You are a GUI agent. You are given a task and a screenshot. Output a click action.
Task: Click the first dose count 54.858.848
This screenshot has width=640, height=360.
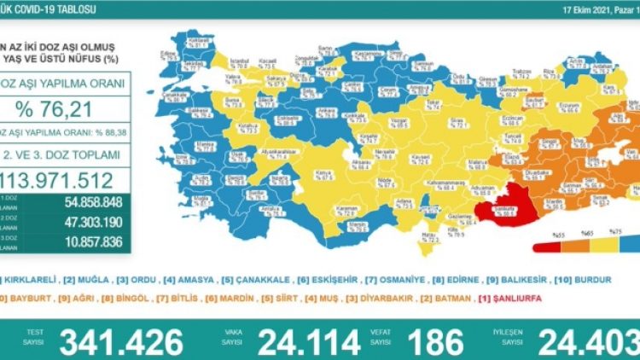point(86,204)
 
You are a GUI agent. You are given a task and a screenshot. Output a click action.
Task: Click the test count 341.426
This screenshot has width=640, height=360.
point(121,341)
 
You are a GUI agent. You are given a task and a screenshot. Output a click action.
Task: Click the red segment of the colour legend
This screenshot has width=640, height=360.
point(544,249)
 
